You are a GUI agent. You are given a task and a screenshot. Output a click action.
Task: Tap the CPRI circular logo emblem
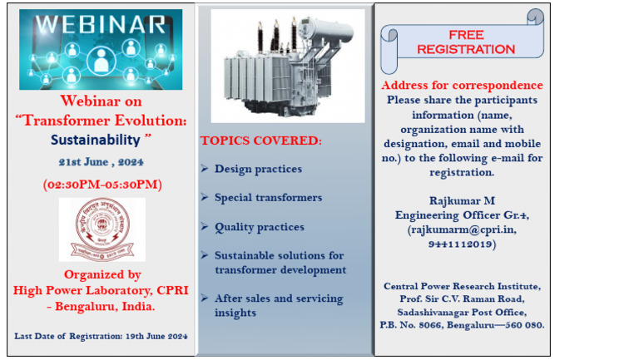click(x=102, y=229)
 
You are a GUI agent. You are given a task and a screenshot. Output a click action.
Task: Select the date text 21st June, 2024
click(x=102, y=161)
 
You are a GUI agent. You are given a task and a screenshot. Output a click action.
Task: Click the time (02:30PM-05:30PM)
click(x=102, y=184)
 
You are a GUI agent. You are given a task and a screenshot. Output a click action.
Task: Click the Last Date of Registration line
click(x=102, y=336)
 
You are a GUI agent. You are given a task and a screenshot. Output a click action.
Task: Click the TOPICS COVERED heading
click(x=260, y=141)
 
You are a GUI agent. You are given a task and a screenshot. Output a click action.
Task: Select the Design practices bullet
click(x=258, y=169)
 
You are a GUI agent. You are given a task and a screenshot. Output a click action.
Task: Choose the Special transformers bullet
click(x=268, y=198)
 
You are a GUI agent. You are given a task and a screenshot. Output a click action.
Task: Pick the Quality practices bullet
click(x=259, y=227)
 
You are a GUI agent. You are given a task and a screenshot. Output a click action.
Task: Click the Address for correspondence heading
click(x=462, y=86)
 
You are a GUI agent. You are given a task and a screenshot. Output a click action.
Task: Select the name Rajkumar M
click(x=462, y=201)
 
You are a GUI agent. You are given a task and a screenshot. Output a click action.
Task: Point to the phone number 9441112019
click(x=462, y=244)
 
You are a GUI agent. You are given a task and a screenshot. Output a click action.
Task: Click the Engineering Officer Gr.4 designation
click(x=462, y=215)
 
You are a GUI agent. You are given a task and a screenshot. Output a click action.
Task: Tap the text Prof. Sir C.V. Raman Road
click(x=462, y=298)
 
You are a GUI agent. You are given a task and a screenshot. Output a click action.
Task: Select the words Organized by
click(x=102, y=274)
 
